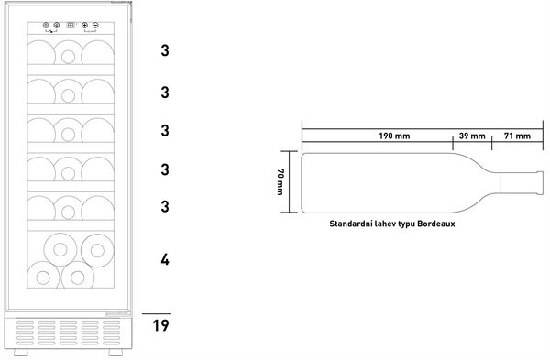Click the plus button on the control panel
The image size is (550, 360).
coord(84,26)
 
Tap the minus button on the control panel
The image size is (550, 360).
coord(95,26)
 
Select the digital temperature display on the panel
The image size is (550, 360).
coord(71,26)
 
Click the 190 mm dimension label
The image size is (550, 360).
coord(394,136)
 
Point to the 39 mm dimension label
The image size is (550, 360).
coord(472,136)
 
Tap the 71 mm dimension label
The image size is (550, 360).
coord(517,136)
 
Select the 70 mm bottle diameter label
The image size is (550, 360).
coord(280,181)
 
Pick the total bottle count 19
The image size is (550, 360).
coord(160,325)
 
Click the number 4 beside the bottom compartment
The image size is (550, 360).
coord(165,260)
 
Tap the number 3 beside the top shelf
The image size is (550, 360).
coord(165,50)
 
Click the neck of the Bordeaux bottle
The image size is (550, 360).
coord(522,182)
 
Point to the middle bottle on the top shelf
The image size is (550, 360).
coord(69,52)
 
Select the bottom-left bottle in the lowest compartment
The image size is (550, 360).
coord(43,276)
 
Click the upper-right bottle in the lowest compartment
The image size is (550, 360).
coord(97,250)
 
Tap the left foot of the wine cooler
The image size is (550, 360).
coord(20,352)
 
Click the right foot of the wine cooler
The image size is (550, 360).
coord(115,352)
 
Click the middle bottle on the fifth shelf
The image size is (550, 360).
coord(69,208)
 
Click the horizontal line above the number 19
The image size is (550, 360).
coord(156,313)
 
